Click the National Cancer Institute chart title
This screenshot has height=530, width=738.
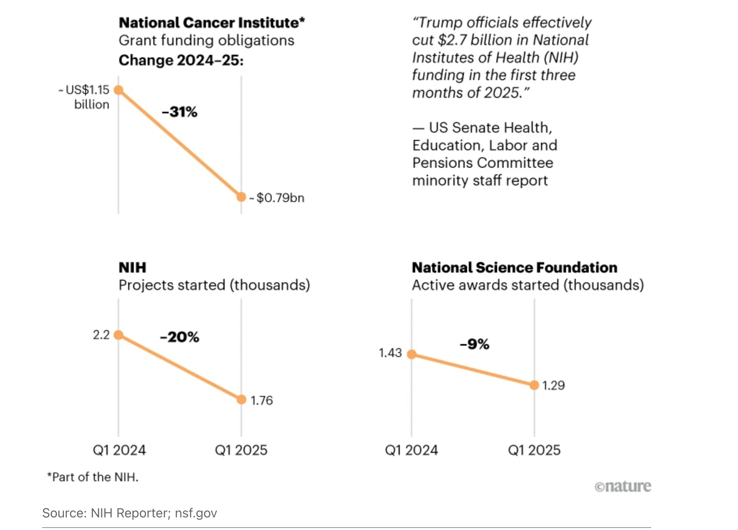click(x=211, y=23)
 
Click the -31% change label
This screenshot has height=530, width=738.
click(x=179, y=112)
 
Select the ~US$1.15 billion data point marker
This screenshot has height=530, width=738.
click(x=118, y=90)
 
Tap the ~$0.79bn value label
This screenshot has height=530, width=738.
click(x=280, y=198)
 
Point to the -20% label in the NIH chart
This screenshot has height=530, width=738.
click(x=179, y=337)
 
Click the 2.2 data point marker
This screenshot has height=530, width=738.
click(x=118, y=335)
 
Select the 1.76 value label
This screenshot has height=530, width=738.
click(x=262, y=401)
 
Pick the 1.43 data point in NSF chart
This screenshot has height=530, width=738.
click(x=412, y=354)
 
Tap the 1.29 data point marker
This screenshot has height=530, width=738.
click(x=534, y=385)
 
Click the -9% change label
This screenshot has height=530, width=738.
click(x=474, y=344)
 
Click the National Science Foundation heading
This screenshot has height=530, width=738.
click(x=514, y=267)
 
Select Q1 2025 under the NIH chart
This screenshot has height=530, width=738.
click(x=241, y=450)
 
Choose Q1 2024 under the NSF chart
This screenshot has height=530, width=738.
click(x=411, y=450)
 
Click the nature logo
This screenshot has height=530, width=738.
click(x=623, y=486)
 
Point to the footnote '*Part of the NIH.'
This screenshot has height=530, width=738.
click(x=93, y=477)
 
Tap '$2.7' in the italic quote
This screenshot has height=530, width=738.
click(x=453, y=40)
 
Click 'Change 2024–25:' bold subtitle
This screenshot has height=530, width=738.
click(x=181, y=60)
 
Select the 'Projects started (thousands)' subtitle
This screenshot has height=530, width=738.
click(x=214, y=285)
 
